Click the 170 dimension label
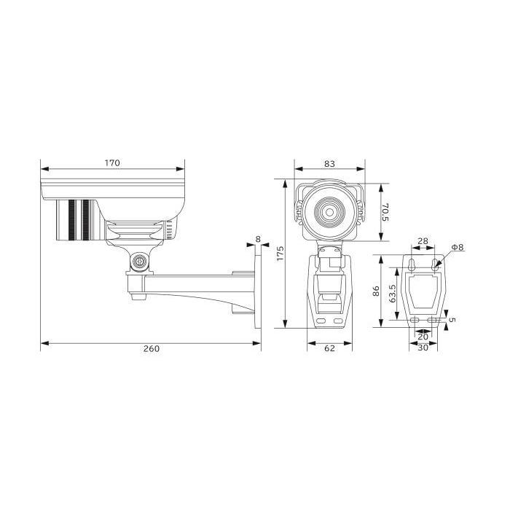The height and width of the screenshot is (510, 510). coord(112,162)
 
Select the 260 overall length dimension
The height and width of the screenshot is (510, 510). coord(152,349)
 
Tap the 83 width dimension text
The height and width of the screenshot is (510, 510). coord(329,164)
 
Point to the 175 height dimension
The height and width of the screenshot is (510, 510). coord(280,254)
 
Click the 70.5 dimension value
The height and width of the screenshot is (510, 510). coord(385,212)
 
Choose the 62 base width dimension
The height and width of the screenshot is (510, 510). coord(329,348)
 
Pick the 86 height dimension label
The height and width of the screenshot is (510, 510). coord(376,291)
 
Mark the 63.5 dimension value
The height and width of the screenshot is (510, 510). coord(393,294)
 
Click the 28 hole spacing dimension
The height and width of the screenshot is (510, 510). coord(423,241)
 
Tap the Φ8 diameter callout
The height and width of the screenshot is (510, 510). coord(458,247)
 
